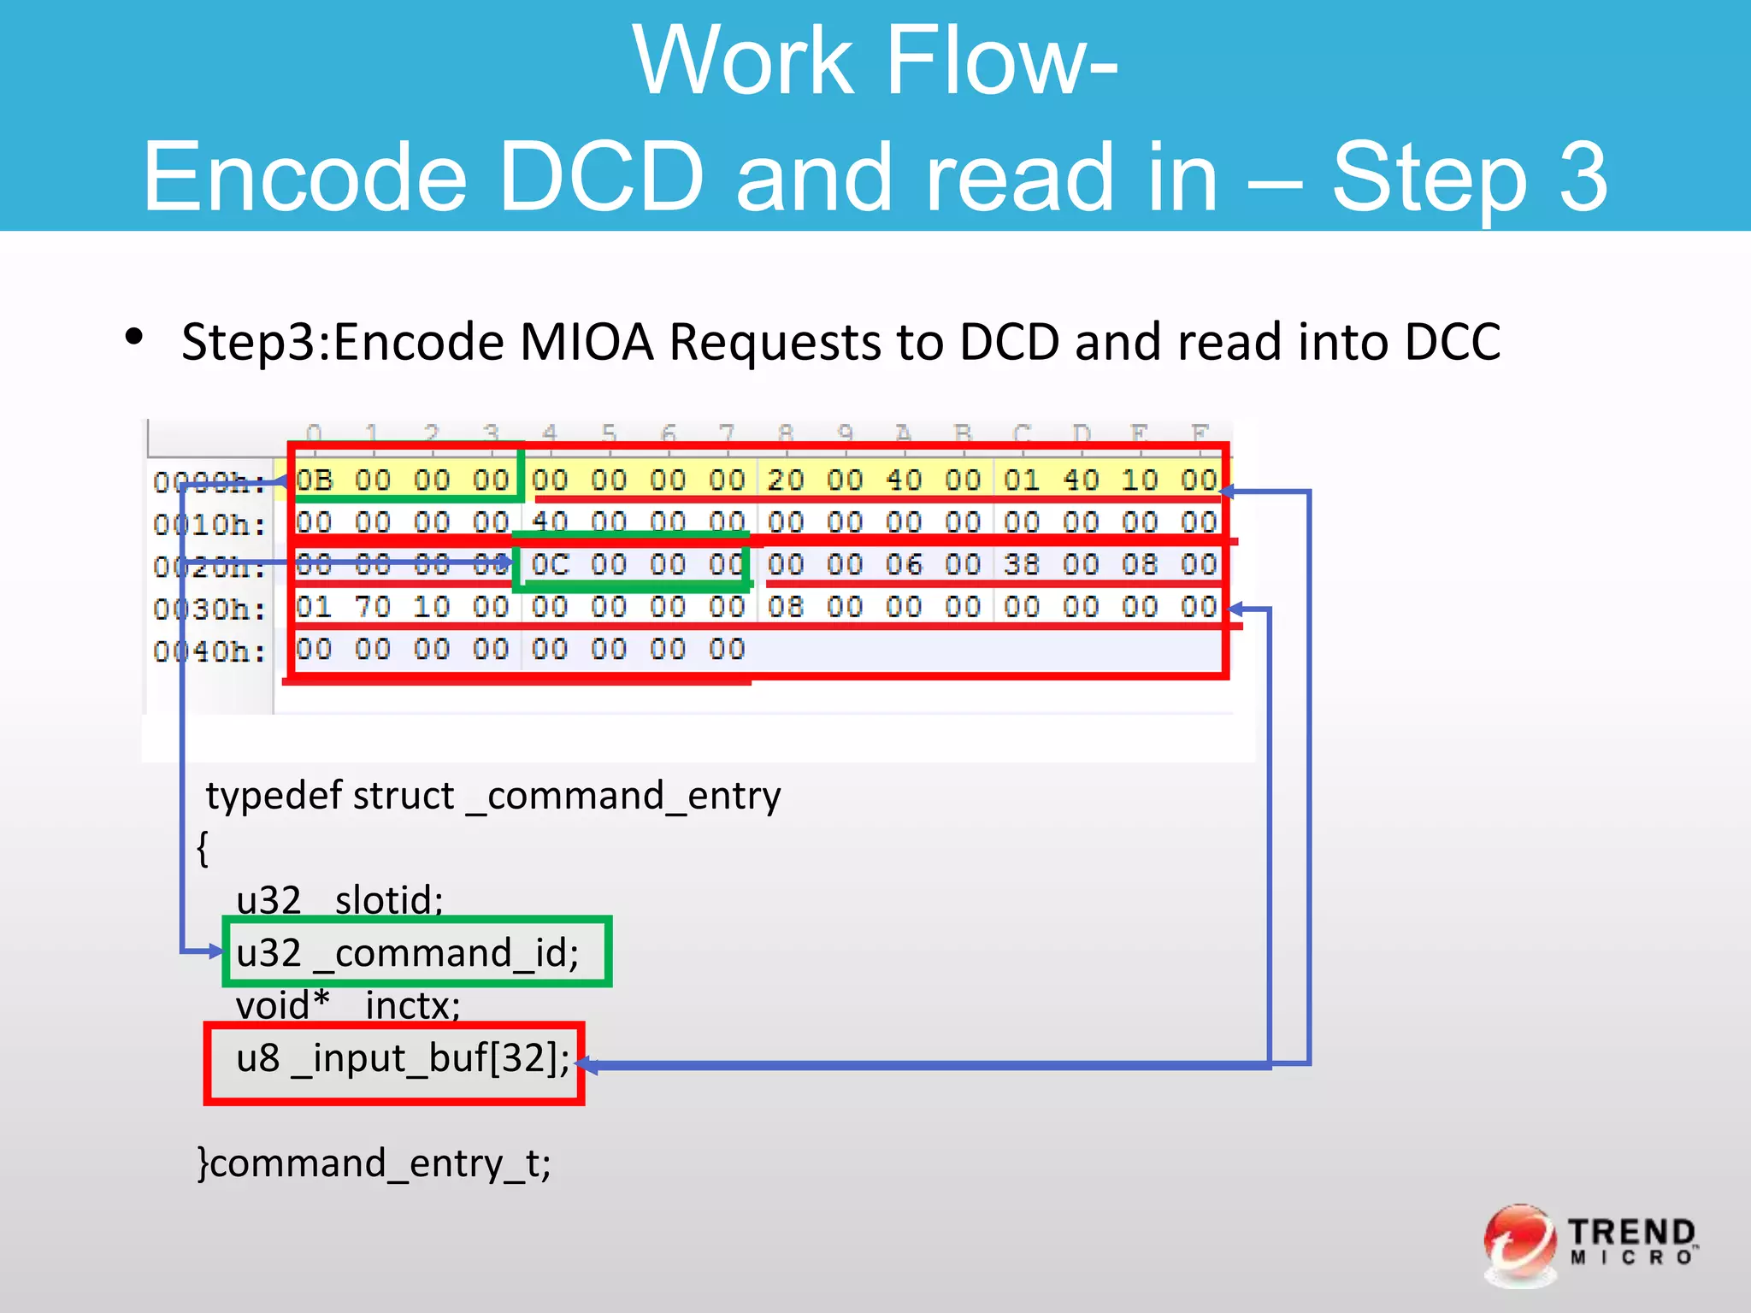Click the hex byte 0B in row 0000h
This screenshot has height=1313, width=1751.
tap(314, 480)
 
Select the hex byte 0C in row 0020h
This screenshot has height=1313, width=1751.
tap(550, 564)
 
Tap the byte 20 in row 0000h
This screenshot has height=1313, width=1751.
tap(785, 480)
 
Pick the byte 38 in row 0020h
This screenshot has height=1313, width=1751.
tap(1021, 564)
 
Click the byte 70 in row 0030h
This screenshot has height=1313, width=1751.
tap(373, 607)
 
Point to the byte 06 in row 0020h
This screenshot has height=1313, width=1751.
tap(903, 564)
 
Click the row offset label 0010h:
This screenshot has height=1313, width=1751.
tap(209, 524)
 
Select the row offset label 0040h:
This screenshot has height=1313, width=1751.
tap(209, 651)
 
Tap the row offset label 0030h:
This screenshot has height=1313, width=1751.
tap(209, 609)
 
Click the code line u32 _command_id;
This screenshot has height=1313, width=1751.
tap(408, 952)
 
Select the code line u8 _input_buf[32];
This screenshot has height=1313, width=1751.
tap(403, 1058)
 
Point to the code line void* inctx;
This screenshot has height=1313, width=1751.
tap(348, 1005)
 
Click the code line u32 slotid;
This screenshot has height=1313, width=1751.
tap(339, 900)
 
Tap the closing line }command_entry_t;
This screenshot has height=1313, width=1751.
tap(374, 1163)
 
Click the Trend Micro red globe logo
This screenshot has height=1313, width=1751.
tap(1519, 1243)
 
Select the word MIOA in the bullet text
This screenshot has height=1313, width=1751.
tap(587, 342)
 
